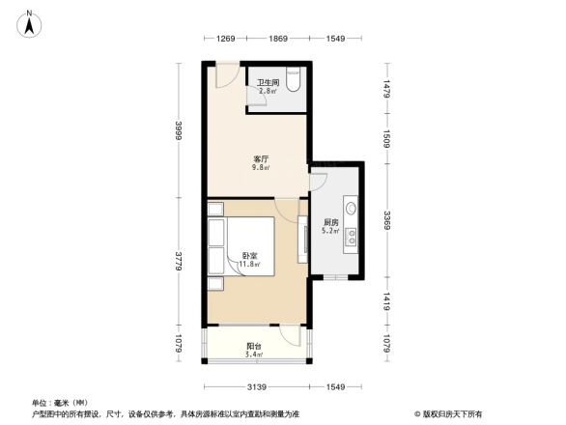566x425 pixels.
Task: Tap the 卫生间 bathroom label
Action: [268, 82]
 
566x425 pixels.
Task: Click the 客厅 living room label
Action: [261, 158]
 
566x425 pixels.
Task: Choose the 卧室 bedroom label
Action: [249, 255]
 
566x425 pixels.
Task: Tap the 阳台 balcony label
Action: [253, 347]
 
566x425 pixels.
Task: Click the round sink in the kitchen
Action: [349, 208]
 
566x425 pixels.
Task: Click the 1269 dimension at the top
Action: [225, 38]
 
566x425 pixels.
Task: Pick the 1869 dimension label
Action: [278, 38]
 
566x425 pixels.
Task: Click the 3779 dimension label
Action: [179, 263]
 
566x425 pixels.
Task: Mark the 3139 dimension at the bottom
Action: [256, 387]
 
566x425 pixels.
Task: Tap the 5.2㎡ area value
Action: [330, 230]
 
